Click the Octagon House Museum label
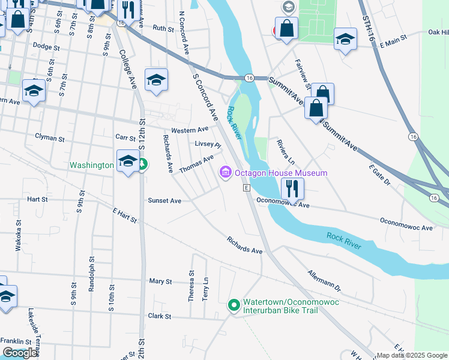pyautogui.click(x=281, y=173)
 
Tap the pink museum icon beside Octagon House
pyautogui.click(x=226, y=173)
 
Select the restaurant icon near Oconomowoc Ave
pyautogui.click(x=292, y=188)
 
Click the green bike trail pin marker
pyautogui.click(x=234, y=305)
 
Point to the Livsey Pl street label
pyautogui.click(x=208, y=144)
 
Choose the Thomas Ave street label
pyautogui.click(x=196, y=164)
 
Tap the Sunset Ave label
pyautogui.click(x=164, y=200)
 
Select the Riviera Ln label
pyautogui.click(x=286, y=152)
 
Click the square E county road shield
pyautogui.click(x=246, y=188)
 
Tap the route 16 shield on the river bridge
pyautogui.click(x=249, y=78)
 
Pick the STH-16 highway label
pyautogui.click(x=369, y=27)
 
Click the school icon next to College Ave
pyautogui.click(x=156, y=80)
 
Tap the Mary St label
pyautogui.click(x=160, y=281)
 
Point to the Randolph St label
pyautogui.click(x=92, y=278)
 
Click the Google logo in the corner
pyautogui.click(x=20, y=353)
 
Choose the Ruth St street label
pyautogui.click(x=163, y=28)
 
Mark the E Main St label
pyautogui.click(x=392, y=37)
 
